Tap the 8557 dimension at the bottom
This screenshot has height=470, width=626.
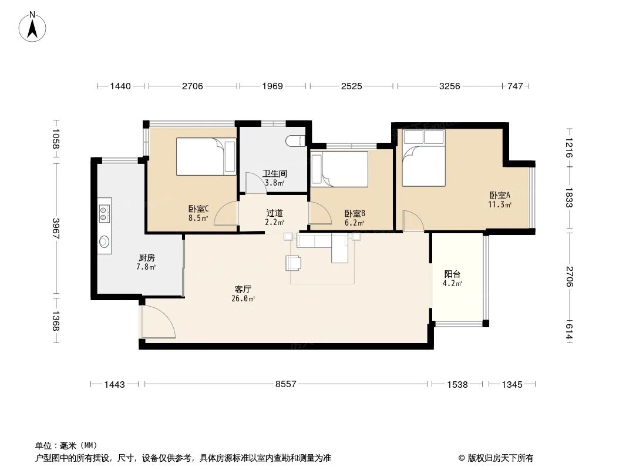tap(286, 384)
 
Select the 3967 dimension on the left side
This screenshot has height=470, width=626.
tap(56, 229)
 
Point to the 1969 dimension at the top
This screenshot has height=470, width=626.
tap(272, 86)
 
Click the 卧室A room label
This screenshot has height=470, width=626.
tap(500, 196)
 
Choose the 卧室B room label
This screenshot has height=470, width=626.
tap(355, 214)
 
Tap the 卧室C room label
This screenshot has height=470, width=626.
tap(198, 209)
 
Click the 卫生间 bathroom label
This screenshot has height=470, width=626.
tap(274, 174)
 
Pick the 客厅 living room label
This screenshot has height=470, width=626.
tap(244, 289)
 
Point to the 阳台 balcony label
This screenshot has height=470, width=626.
tap(452, 274)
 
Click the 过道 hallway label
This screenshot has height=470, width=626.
tap(274, 213)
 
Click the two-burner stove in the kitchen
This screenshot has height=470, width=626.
tap(105, 213)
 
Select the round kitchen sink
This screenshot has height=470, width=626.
tap(105, 241)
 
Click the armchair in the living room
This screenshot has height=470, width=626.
tap(294, 263)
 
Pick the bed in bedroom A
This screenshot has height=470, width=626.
tap(423, 157)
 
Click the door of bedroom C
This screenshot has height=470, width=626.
tap(226, 215)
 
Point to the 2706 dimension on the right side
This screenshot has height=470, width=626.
tap(569, 276)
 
